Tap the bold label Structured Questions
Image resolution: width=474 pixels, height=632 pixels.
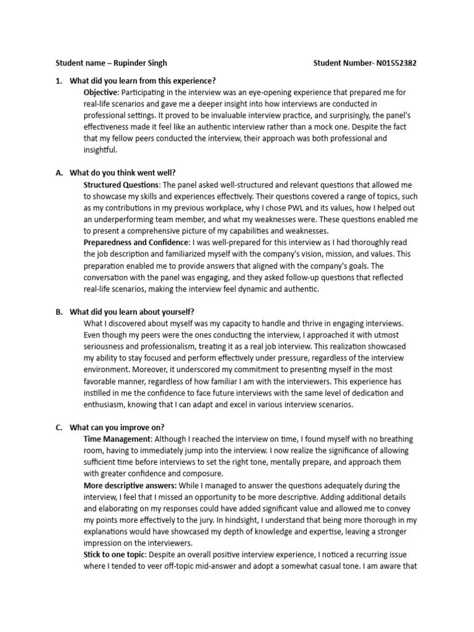pyautogui.click(x=121, y=185)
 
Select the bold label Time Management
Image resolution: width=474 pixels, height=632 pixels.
pyautogui.click(x=117, y=439)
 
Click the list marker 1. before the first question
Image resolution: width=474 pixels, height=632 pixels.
pyautogui.click(x=59, y=81)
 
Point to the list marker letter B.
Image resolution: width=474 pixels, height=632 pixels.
pyautogui.click(x=59, y=312)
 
